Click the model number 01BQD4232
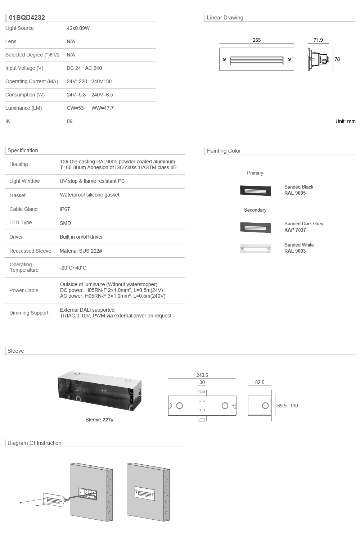coord(27,18)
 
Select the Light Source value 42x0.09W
coord(78,28)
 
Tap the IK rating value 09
coord(69,122)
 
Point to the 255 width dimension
coord(257,40)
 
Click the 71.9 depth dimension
coord(318,40)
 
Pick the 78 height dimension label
coord(337,59)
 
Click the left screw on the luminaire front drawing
coord(224,59)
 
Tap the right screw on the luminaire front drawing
coord(289,59)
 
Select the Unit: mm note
coord(346,122)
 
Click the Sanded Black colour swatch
coord(255,191)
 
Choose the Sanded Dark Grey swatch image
coord(255,228)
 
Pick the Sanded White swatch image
coord(255,249)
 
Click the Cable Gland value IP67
coord(65,209)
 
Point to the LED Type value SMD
coord(66,223)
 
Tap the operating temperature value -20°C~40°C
coord(73,268)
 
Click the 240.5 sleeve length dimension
coord(202,375)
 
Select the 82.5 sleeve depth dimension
coord(260,383)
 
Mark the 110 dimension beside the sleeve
coord(294,406)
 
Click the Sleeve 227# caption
coord(99,420)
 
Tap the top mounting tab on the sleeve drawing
coord(202,393)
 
